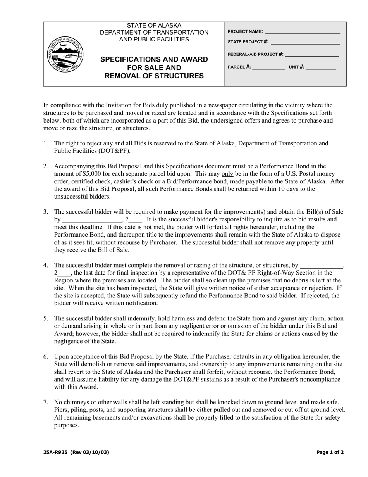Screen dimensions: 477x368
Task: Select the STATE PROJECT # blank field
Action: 305,42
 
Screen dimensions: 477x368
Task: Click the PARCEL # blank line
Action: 268,67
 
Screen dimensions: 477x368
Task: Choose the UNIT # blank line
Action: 321,67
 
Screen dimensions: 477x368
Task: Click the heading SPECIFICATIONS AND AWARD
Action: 154,59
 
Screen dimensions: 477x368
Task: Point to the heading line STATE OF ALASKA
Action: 154,25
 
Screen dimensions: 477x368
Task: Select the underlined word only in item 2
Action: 227,174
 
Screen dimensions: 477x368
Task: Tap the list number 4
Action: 46,266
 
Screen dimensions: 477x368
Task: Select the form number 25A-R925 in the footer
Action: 56,452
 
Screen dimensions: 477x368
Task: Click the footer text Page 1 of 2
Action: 330,452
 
